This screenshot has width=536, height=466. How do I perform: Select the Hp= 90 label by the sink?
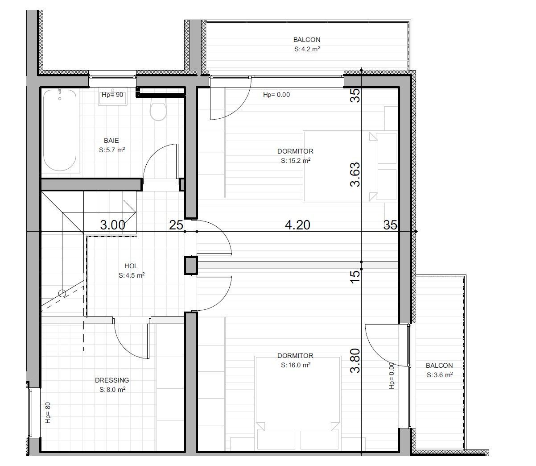(112, 95)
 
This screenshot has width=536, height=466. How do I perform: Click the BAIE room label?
(111, 141)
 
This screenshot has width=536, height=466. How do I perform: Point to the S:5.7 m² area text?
(111, 150)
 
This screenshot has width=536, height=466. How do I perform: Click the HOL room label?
(131, 266)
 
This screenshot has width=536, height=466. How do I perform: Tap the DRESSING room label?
(112, 380)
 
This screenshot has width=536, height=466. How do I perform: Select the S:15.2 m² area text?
(295, 161)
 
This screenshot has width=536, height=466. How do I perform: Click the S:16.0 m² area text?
(295, 365)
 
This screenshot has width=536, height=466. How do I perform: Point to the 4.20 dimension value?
(297, 225)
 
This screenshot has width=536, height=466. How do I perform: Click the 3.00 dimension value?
(112, 225)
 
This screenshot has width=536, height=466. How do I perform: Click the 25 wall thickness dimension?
(176, 225)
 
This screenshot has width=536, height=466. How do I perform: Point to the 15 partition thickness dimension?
(355, 275)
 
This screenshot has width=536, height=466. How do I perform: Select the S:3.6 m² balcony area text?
(439, 375)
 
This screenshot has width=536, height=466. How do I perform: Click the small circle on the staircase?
(62, 293)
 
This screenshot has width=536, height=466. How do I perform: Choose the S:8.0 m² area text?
(112, 390)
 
